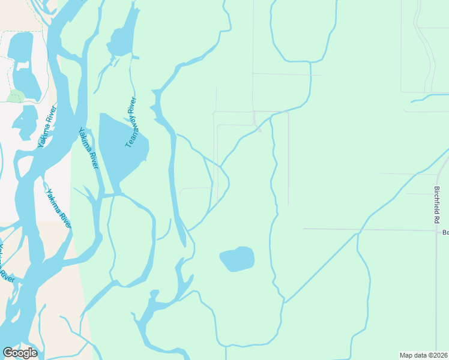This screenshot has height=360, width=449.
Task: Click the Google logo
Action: pos(20,353)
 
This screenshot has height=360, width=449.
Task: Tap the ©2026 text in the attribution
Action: pos(439,355)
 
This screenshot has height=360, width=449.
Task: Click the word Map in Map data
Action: pos(406,355)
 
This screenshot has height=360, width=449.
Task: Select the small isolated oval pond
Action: pos(237,259)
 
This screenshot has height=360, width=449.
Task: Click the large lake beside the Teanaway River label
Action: pos(120,150)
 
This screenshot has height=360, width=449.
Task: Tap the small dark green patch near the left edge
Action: pos(16,96)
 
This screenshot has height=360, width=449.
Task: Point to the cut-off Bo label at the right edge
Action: pos(445,232)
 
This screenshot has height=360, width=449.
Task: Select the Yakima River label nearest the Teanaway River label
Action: pos(88,148)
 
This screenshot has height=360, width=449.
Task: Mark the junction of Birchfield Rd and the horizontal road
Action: pos(437,230)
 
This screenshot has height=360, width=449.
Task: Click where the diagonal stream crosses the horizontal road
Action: pos(358,230)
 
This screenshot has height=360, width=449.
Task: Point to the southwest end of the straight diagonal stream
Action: pos(285,302)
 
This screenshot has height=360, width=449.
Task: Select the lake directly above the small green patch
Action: pos(23,60)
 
